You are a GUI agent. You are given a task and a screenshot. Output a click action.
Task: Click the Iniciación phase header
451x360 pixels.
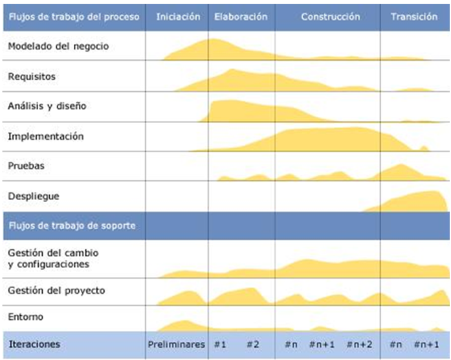(x=178, y=16)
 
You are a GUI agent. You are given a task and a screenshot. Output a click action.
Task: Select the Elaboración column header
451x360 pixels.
(x=241, y=16)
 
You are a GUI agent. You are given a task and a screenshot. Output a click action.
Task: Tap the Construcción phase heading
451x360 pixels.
(x=330, y=16)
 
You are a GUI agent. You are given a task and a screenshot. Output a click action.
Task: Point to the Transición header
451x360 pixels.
(x=414, y=16)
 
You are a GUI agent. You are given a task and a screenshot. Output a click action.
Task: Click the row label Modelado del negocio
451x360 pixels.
(x=58, y=47)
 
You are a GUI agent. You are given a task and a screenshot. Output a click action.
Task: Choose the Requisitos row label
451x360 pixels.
(x=32, y=76)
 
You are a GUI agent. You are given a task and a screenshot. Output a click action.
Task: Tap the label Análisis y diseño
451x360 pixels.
(x=47, y=106)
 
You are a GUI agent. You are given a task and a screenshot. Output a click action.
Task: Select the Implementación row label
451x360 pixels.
(x=46, y=137)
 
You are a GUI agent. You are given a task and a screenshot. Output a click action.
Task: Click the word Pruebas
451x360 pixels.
(x=27, y=166)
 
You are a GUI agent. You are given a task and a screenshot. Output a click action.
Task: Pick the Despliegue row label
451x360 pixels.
(x=32, y=196)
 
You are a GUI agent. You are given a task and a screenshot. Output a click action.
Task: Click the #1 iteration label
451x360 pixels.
(x=220, y=344)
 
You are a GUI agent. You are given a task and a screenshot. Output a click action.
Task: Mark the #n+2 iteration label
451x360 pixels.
(x=359, y=344)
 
